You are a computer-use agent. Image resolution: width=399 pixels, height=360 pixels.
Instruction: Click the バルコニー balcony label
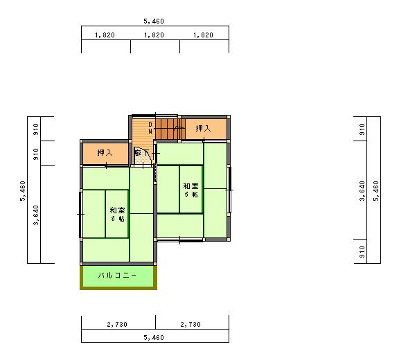[117, 276]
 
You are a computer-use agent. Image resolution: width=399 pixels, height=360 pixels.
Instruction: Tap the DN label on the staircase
[150, 128]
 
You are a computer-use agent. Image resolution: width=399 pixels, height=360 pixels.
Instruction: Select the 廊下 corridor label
[142, 153]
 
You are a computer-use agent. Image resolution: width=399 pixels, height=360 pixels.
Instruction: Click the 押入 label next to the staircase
[204, 128]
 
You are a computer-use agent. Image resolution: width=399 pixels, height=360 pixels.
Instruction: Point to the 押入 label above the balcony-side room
[105, 153]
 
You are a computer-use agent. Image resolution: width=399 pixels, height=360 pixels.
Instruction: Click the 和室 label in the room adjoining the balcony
[118, 210]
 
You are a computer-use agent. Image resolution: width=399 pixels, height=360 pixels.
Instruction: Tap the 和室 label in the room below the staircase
[191, 186]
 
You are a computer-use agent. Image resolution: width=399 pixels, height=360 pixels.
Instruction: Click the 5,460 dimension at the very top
[154, 21]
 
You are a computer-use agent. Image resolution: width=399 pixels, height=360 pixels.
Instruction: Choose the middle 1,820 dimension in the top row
[154, 35]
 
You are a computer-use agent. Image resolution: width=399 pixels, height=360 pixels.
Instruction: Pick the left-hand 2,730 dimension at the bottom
[117, 325]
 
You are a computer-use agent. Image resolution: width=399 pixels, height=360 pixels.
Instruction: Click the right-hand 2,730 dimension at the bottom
[190, 325]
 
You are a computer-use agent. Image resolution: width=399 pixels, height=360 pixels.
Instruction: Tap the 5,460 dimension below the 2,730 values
[154, 338]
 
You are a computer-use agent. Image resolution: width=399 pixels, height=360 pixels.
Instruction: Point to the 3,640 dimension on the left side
[36, 215]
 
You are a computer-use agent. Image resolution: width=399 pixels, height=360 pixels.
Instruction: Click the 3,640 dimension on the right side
[362, 191]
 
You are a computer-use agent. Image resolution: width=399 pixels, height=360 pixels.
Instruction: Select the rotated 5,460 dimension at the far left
[23, 191]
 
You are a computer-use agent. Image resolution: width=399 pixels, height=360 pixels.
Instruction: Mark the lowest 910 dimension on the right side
[362, 252]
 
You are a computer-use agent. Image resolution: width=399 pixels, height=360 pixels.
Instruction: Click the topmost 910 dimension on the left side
[36, 129]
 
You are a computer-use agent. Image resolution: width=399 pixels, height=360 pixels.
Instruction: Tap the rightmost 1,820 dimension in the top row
[203, 35]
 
